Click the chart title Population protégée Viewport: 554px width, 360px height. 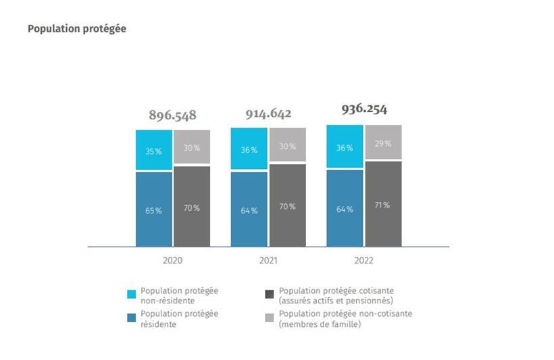tap(76, 29)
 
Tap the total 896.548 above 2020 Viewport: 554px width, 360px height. tap(172, 115)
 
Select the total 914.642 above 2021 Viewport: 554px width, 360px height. tap(268, 113)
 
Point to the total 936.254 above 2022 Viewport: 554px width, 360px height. tap(364, 109)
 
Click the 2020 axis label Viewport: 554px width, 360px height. tap(172, 260)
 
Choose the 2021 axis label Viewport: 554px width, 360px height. tap(268, 260)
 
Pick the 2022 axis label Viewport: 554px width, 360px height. tap(363, 260)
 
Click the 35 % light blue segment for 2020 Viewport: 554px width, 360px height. tap(153, 150)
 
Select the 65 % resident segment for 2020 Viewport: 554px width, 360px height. tap(153, 209)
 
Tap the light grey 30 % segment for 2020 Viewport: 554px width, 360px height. tap(192, 147)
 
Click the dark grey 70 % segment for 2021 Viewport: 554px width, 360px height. tap(287, 205)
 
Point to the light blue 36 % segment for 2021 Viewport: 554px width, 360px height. tap(249, 149)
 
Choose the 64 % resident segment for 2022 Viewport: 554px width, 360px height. tap(345, 208)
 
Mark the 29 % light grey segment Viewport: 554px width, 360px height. tap(383, 143)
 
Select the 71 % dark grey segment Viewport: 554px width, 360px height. tap(383, 204)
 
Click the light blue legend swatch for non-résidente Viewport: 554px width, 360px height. tap(132, 294)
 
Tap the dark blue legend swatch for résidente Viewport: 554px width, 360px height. tap(132, 318)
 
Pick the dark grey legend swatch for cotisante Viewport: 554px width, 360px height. tap(270, 294)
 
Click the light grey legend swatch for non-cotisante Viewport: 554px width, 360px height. tap(270, 318)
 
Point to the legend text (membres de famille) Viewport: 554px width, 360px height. tap(320, 325)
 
